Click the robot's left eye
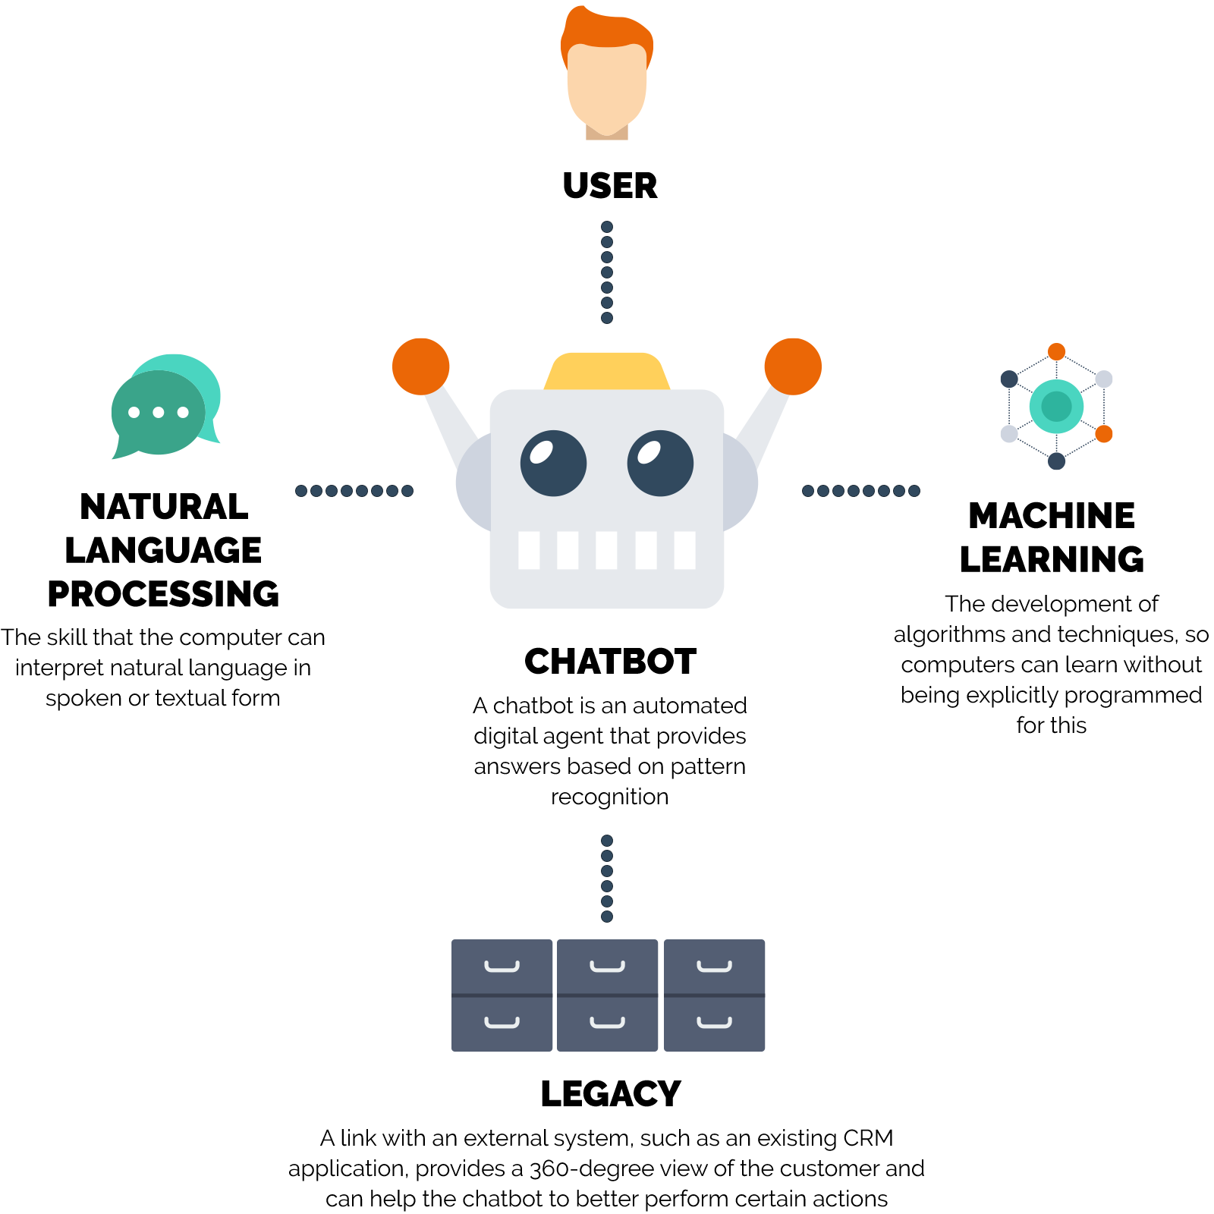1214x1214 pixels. point(553,463)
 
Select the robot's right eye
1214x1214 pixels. point(660,463)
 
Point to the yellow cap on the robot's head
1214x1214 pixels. point(607,371)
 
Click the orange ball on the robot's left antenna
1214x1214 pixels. point(421,366)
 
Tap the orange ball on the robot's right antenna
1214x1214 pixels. point(793,366)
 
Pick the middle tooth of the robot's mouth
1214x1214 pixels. point(606,550)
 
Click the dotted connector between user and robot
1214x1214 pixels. point(607,272)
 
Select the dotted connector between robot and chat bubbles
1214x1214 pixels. point(354,491)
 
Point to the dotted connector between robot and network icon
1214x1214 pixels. point(860,491)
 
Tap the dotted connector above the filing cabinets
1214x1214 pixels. point(607,878)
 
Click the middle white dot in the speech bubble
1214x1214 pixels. point(159,412)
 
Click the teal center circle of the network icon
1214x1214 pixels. point(1056,407)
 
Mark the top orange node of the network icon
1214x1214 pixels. point(1056,352)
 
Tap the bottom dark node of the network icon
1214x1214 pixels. point(1056,461)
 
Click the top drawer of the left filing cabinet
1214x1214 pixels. point(502,966)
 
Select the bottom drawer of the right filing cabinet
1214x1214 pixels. point(715,1024)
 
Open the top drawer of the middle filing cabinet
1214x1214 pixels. point(607,966)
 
